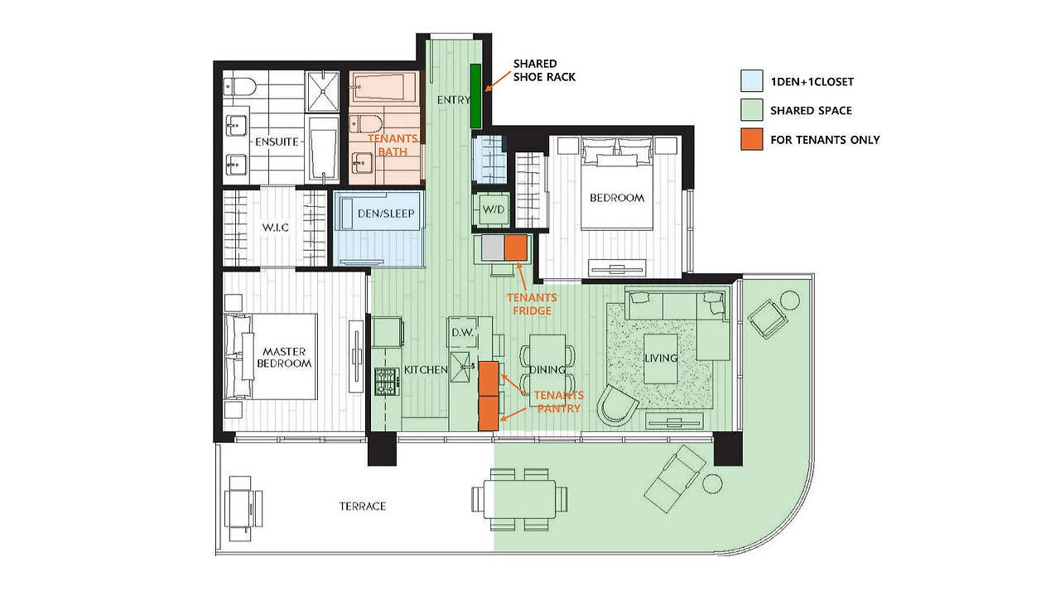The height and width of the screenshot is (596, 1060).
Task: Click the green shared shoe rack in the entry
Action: [475, 96]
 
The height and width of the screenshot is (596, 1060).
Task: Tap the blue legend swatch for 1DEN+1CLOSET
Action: [751, 81]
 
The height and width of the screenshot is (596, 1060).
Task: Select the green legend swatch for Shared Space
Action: [751, 110]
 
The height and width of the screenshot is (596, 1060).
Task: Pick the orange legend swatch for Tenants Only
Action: [751, 139]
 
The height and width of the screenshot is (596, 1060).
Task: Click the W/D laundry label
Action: [493, 209]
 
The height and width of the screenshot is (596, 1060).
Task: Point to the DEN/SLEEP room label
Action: [386, 214]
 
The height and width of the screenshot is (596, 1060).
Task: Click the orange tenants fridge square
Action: [516, 248]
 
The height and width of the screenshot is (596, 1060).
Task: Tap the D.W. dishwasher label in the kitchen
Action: [462, 333]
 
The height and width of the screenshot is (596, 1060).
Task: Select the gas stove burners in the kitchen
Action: [386, 382]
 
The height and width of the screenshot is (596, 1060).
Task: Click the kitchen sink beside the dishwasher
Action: [462, 367]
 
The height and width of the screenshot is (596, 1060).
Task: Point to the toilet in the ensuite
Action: [239, 87]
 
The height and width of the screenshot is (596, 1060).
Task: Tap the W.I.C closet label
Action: [276, 228]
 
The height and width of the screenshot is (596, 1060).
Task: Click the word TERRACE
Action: [363, 506]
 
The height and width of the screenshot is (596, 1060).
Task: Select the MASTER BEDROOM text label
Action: [284, 358]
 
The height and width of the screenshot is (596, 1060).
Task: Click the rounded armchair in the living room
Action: [617, 406]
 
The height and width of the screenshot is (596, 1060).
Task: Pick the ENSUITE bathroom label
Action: [277, 142]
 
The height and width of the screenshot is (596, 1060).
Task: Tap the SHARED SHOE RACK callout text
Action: [544, 70]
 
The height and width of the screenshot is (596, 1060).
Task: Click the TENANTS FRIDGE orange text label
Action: [532, 304]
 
